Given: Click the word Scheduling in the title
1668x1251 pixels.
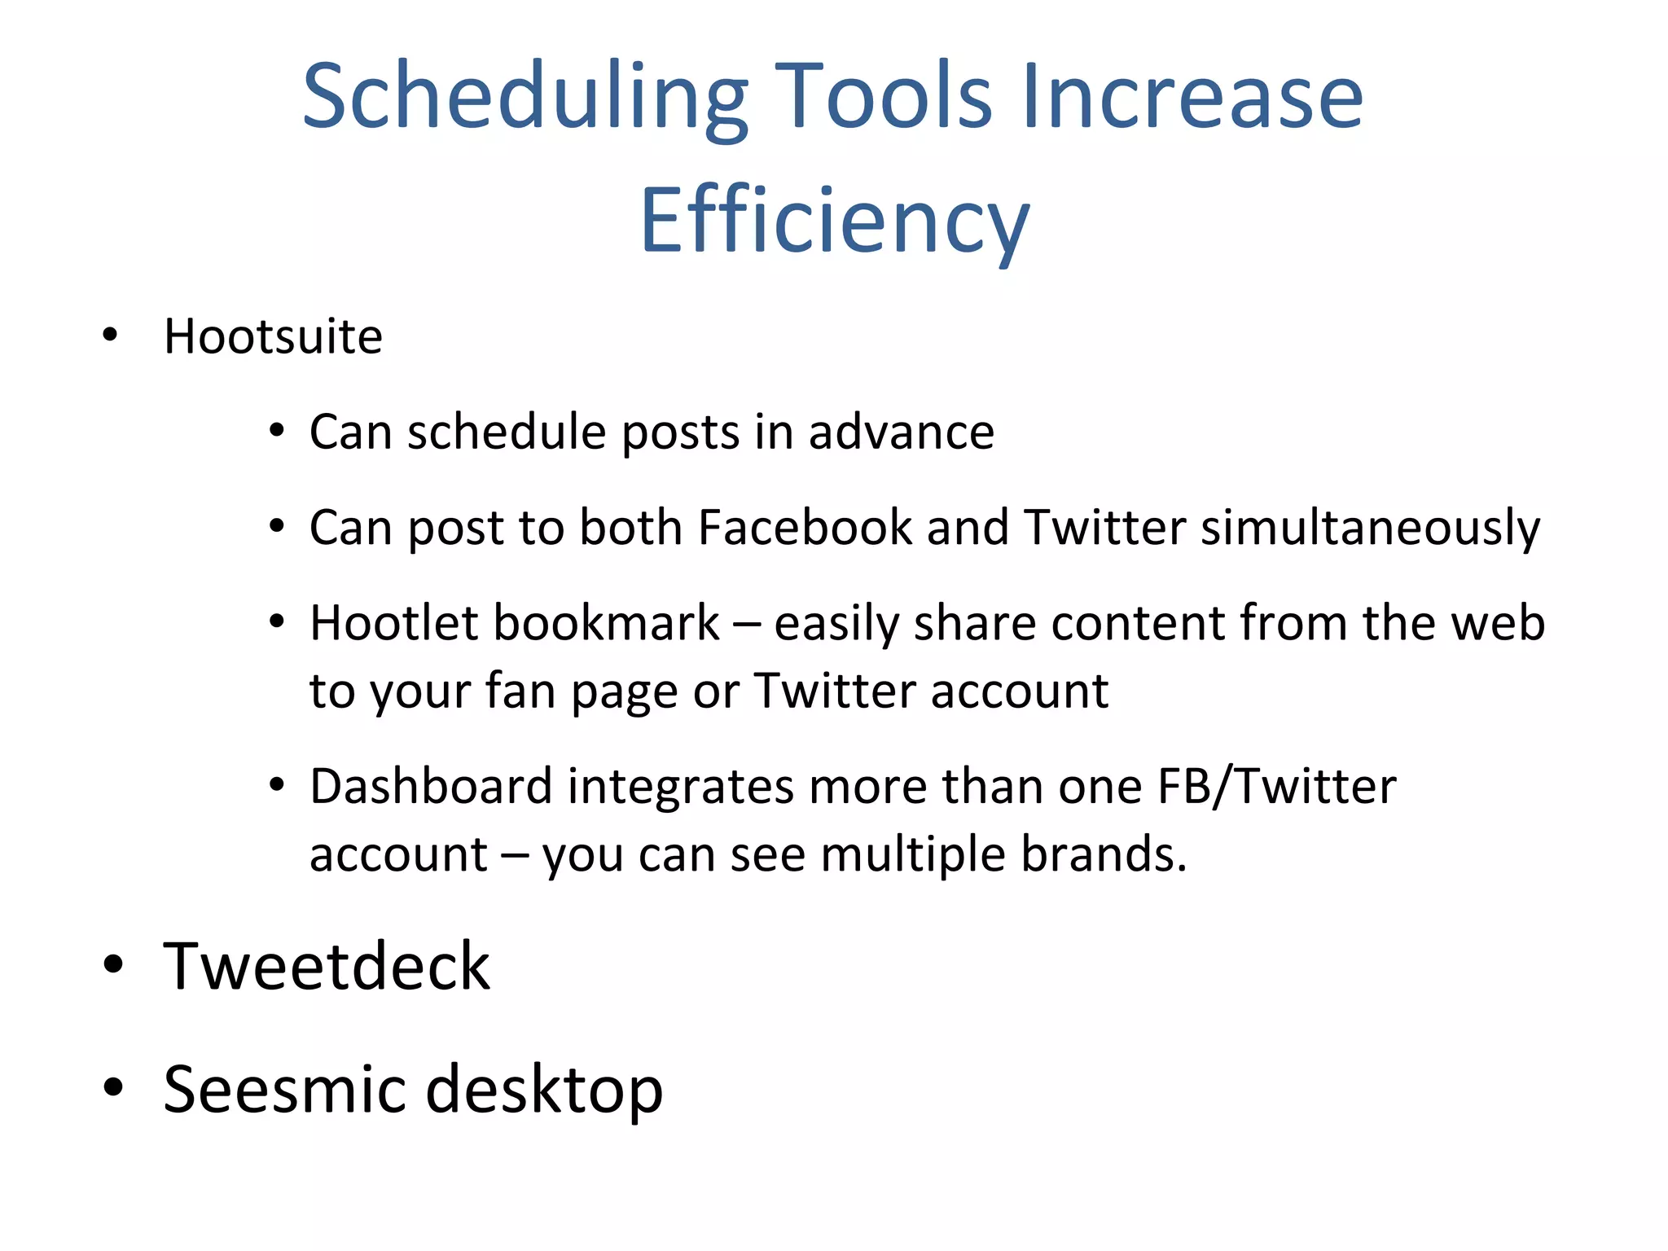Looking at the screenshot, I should [x=525, y=98].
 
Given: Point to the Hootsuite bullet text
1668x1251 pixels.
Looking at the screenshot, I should [x=273, y=336].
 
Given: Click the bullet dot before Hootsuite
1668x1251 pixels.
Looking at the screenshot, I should [x=111, y=335].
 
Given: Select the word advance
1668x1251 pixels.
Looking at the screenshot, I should [x=901, y=432].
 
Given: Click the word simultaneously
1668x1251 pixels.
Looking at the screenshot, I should [x=1370, y=529].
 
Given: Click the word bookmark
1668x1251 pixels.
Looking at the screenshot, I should [x=606, y=623].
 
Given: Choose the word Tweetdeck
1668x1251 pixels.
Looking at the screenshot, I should [x=327, y=966].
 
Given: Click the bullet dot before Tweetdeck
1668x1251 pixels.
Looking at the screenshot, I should [x=113, y=965].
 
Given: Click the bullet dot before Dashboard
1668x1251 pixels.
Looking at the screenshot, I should [x=277, y=785].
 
